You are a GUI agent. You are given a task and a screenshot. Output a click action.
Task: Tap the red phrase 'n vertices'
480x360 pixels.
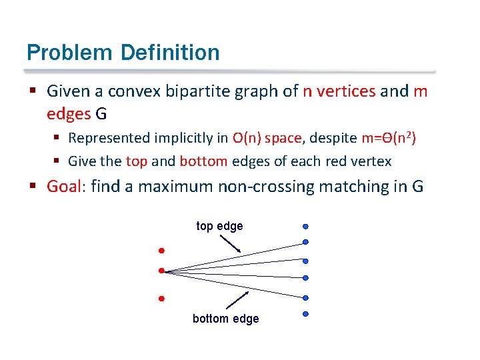[x=339, y=91]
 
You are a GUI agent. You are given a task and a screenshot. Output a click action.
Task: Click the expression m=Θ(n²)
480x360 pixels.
[x=388, y=138]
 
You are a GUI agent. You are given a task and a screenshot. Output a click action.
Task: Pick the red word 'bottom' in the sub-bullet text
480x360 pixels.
[x=203, y=161]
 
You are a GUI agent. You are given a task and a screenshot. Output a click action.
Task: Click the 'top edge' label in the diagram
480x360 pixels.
[x=219, y=226]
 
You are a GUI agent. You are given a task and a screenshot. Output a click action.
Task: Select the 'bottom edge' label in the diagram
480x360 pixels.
[x=225, y=319]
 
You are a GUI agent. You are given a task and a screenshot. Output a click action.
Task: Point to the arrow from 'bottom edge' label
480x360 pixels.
[x=238, y=299]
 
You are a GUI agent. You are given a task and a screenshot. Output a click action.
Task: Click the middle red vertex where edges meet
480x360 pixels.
[x=161, y=271]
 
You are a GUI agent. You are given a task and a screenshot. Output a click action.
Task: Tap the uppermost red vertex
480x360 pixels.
[x=161, y=251]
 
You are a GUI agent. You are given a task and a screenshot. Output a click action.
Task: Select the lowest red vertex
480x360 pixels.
[x=161, y=299]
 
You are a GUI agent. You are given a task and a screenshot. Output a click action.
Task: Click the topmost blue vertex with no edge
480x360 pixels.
[x=305, y=226]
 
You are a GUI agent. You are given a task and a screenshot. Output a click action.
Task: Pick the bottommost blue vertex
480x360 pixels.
[x=305, y=313]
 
